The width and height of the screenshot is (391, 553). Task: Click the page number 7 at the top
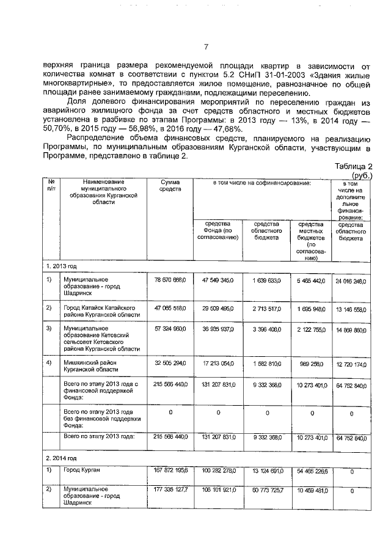pos(206,47)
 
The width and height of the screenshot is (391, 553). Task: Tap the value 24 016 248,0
pos(352,282)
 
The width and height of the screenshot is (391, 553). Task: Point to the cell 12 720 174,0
pos(352,365)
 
